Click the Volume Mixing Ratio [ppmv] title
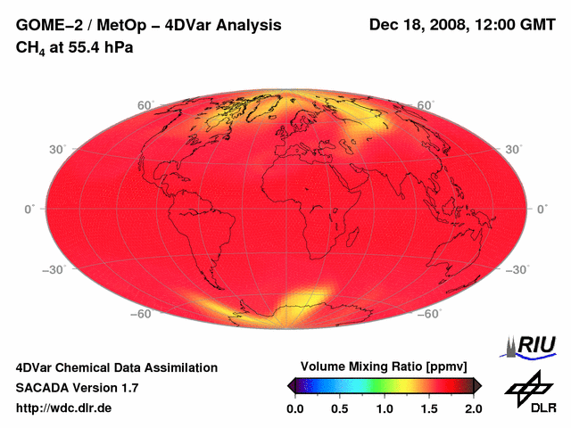[x=384, y=366]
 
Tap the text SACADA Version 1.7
[x=77, y=388]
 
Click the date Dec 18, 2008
[x=417, y=25]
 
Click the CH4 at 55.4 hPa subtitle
[x=75, y=47]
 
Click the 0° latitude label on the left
[x=29, y=209]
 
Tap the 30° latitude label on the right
[x=514, y=149]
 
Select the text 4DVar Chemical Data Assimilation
[x=117, y=367]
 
